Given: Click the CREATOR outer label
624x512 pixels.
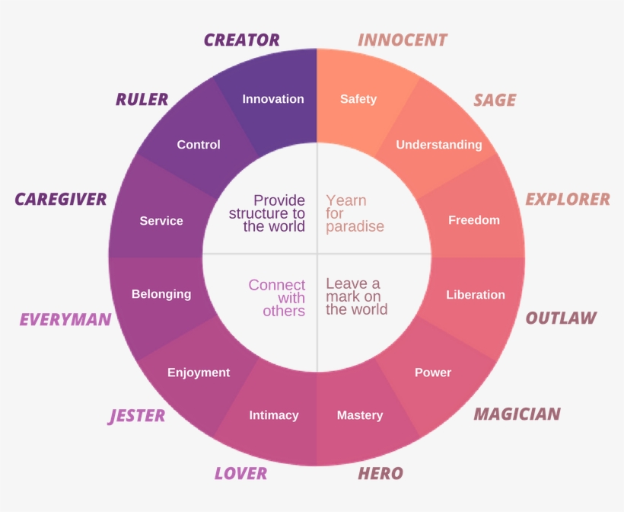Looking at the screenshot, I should (x=241, y=40).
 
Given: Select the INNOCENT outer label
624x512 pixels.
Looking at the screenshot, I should (x=403, y=40).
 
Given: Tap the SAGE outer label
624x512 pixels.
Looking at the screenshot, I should (x=495, y=100).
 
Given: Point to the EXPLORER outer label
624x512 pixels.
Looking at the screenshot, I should (x=568, y=199).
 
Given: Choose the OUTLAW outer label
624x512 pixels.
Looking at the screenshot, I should (x=561, y=318).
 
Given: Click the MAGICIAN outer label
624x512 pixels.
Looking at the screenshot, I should (x=517, y=414).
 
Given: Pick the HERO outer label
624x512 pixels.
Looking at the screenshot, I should (x=380, y=473).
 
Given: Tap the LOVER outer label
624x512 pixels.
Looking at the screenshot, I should (x=240, y=473).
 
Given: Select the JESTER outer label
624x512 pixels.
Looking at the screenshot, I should (x=137, y=415).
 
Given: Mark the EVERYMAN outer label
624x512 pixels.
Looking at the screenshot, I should (x=65, y=319).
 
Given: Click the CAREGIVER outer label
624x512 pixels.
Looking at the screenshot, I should (x=61, y=200).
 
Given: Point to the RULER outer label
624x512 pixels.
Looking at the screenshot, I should (x=142, y=99).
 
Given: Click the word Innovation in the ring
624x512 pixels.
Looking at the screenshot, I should (x=272, y=99).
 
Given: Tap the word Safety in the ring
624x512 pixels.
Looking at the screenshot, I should (x=358, y=99).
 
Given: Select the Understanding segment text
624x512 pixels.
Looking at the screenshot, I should (x=438, y=145).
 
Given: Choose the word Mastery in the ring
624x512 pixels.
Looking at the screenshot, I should (x=360, y=415).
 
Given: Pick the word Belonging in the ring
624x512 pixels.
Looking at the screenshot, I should (x=161, y=294).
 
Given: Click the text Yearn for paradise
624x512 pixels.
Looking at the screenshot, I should (x=355, y=213).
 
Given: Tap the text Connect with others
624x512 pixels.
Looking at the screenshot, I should (x=278, y=297).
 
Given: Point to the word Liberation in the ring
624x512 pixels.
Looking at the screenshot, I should (x=476, y=295).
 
